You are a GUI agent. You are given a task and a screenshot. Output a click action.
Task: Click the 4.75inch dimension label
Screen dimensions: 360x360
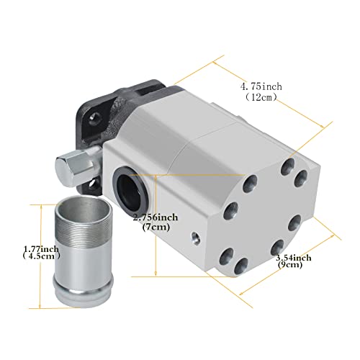tap(263, 86)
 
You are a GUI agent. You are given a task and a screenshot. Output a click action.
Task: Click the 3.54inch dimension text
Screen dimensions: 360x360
tap(292, 256)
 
